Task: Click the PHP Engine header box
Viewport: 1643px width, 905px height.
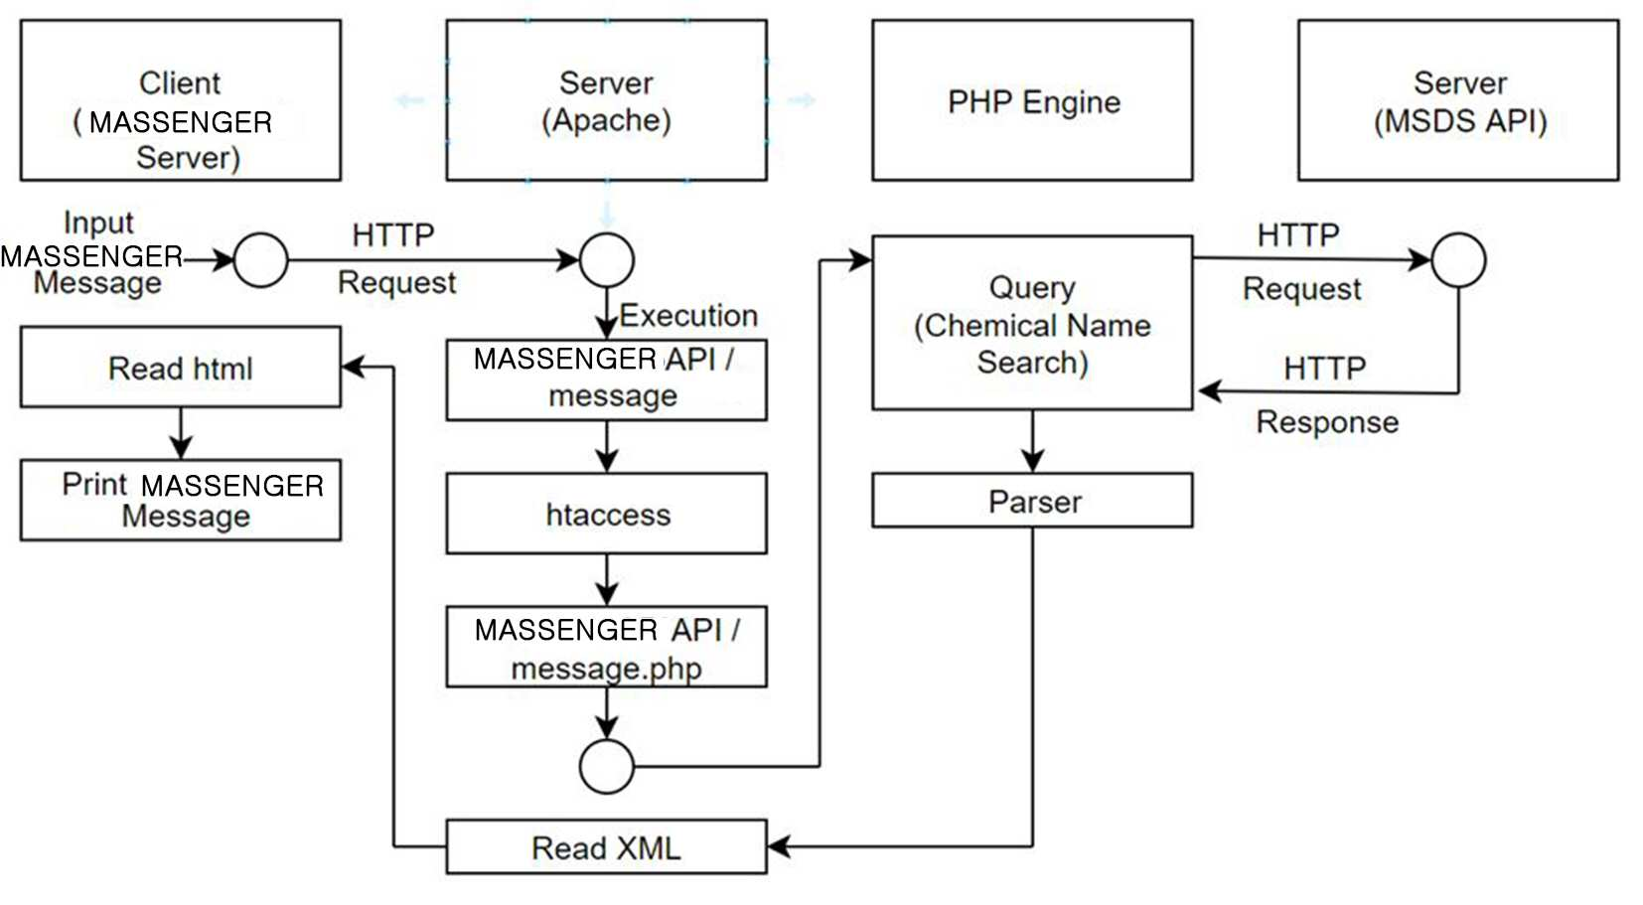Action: pos(1032,99)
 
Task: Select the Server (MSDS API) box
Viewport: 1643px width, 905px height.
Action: pos(1458,99)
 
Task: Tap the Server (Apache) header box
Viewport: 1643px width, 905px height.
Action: pos(607,99)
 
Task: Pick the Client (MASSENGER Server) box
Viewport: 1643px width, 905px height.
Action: pos(181,99)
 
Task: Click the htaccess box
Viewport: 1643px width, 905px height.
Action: pos(607,513)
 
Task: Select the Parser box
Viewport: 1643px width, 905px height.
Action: pos(1032,500)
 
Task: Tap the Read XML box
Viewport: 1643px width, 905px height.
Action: pos(607,846)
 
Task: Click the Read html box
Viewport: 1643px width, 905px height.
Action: pos(181,367)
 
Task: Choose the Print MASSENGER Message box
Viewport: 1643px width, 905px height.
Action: pos(181,500)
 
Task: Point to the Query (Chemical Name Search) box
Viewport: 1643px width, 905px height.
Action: pos(1032,322)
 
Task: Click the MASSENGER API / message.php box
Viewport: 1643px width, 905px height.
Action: pos(607,646)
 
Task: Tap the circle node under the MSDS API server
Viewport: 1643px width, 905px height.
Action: pos(1458,260)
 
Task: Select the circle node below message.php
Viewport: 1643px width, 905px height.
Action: pos(607,766)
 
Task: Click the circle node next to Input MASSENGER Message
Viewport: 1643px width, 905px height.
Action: pos(260,260)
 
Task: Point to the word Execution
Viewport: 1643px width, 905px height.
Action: pos(688,315)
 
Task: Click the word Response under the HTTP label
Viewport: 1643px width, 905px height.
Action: pos(1327,421)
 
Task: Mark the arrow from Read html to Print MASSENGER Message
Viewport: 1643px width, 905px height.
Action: pos(181,433)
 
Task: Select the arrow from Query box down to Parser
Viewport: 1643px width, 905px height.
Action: pos(1032,441)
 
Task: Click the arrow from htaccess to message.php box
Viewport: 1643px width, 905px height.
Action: pos(607,579)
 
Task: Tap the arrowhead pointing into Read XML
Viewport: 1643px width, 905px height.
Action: pos(779,846)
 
